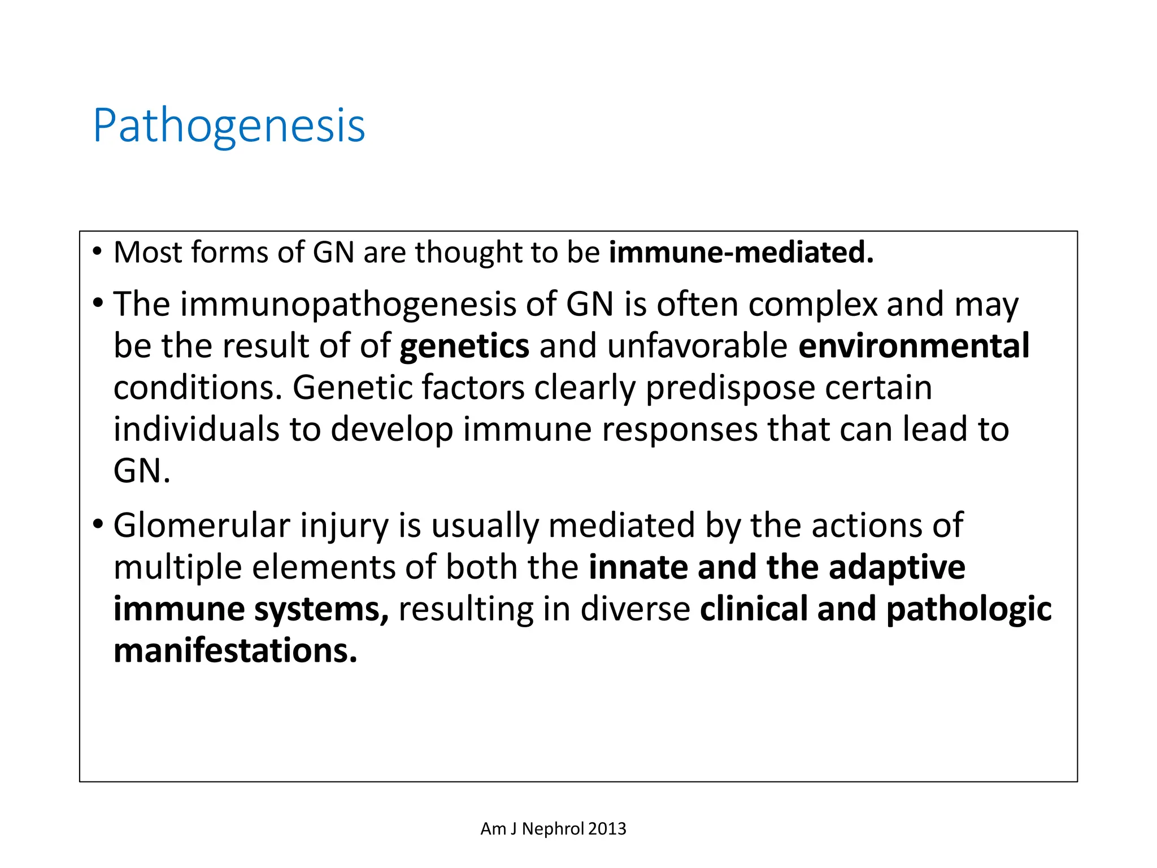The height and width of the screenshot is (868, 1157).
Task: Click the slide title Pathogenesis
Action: point(229,125)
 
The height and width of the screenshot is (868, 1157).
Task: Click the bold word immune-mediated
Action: point(741,252)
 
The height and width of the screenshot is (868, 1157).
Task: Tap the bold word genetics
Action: point(464,346)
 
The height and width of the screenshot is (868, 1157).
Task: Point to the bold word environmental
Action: point(914,346)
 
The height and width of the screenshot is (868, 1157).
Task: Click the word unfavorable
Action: point(697,346)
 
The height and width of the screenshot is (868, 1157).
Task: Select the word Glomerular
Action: point(202,526)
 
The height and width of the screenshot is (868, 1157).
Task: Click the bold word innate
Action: point(638,567)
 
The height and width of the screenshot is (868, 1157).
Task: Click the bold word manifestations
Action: point(235,651)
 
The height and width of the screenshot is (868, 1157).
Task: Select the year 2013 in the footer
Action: point(607,828)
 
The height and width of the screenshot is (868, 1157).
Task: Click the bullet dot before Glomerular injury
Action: point(98,524)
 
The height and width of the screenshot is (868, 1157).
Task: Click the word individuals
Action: point(196,429)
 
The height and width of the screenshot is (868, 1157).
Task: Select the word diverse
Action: point(635,609)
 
